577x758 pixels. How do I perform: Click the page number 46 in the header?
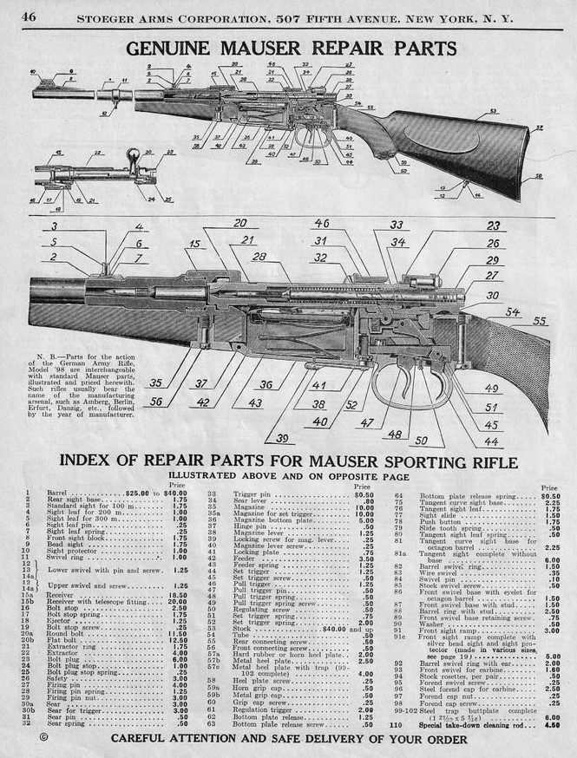[28, 16]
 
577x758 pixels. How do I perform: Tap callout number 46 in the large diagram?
[321, 224]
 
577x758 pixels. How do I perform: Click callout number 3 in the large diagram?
[54, 226]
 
